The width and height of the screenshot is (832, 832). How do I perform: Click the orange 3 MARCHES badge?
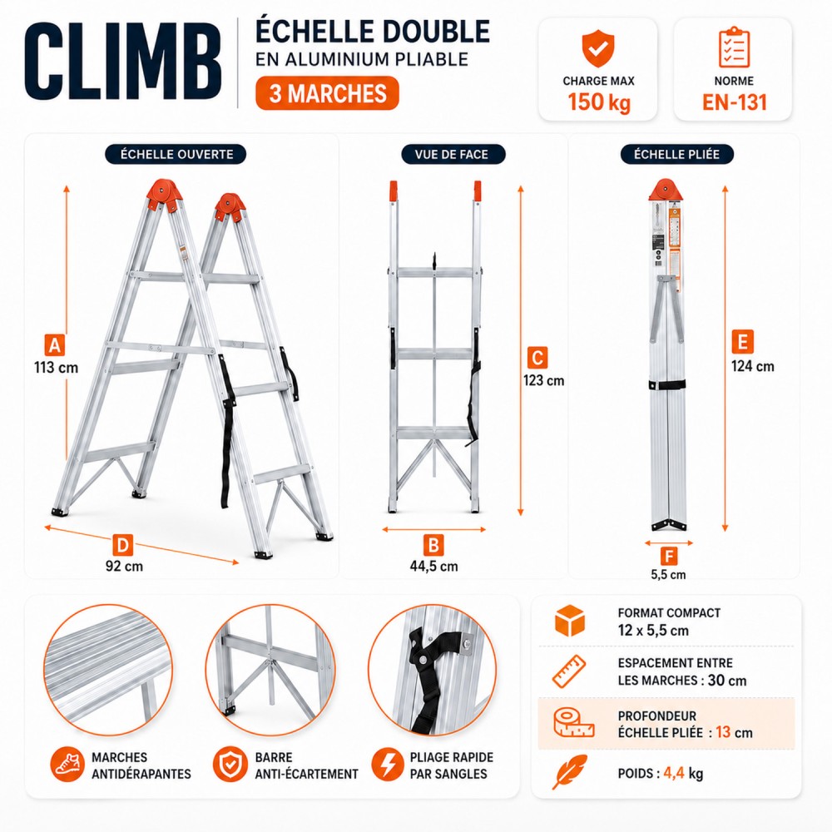(x=327, y=93)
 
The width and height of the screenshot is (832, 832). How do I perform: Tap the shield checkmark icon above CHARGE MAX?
(x=598, y=48)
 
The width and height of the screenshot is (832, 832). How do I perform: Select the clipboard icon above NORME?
(x=734, y=47)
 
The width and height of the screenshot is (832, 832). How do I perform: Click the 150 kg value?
(x=599, y=102)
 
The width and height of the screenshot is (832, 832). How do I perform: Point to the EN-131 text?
(x=735, y=102)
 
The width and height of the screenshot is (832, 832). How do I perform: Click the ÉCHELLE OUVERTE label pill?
(x=176, y=155)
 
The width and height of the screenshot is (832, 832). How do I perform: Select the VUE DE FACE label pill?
(x=452, y=155)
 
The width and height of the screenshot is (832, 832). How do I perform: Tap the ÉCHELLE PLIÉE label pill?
(x=676, y=155)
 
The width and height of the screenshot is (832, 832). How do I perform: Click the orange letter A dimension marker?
(x=55, y=345)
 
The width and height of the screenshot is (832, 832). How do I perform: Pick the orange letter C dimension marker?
(x=537, y=358)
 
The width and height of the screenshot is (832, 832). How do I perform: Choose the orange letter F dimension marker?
(x=669, y=556)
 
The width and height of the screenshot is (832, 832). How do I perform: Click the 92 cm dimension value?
(x=124, y=566)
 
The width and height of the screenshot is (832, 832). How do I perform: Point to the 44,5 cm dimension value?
(x=433, y=566)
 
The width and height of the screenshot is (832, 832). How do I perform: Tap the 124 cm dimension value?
(x=752, y=366)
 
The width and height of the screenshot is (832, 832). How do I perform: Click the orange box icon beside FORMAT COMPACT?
(x=569, y=621)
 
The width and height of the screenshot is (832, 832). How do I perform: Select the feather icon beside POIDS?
(x=569, y=771)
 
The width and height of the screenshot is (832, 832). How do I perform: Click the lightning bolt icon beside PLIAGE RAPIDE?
(x=388, y=765)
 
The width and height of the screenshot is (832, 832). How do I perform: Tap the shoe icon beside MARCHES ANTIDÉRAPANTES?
(x=67, y=765)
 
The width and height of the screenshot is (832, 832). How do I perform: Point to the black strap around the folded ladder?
(x=666, y=385)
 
